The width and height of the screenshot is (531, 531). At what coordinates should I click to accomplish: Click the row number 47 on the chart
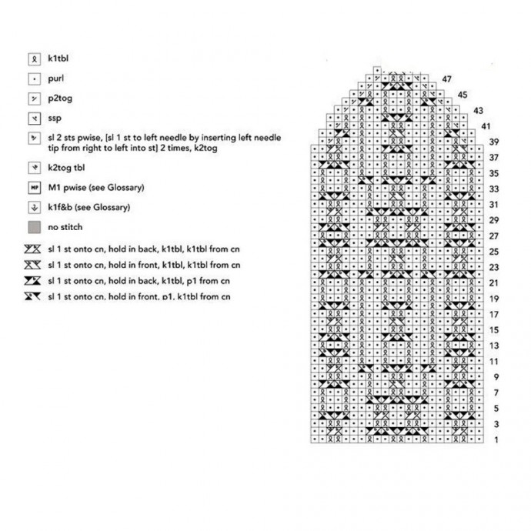447,79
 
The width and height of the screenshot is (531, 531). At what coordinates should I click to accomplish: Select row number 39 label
495,142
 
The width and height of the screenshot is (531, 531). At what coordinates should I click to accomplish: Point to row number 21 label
495,282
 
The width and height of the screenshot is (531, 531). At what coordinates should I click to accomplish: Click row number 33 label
495,189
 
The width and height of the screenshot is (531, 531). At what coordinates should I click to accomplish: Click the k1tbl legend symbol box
34,58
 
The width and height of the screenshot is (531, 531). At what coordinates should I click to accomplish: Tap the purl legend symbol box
34,78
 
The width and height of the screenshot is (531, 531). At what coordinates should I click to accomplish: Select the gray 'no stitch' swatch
34,227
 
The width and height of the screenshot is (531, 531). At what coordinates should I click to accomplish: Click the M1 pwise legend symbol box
34,187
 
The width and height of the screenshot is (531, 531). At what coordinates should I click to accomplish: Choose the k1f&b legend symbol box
34,207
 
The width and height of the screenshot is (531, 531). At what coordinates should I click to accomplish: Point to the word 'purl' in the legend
55,78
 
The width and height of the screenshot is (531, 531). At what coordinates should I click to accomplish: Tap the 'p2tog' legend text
58,99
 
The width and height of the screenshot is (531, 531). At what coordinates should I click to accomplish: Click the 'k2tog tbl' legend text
65,166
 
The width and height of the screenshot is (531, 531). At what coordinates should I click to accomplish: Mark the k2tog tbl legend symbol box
34,166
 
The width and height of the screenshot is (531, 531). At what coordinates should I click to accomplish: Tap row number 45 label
463,95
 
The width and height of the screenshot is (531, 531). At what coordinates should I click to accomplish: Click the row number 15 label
495,329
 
